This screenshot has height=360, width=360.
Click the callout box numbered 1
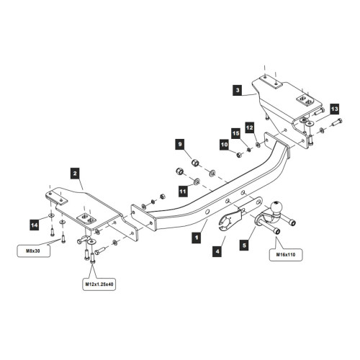197,238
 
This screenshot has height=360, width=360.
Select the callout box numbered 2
75,174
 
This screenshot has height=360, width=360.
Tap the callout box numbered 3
238,90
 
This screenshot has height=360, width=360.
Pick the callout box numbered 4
217,251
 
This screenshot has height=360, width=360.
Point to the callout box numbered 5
244,246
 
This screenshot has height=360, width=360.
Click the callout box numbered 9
180,144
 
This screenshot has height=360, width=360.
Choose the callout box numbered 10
225,145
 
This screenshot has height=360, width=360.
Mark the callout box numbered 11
183,192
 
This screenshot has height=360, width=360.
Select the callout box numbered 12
250,127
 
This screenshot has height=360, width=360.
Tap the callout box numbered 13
335,109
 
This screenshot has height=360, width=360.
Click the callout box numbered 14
35,225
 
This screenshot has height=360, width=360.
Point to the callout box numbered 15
236,133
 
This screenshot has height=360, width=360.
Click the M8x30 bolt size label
33,251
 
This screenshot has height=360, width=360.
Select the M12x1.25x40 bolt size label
99,284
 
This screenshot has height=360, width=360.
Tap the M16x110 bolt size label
286,255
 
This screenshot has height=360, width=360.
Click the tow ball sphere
276,207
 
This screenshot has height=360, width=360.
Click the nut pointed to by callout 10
239,155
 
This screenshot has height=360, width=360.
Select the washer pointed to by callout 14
51,215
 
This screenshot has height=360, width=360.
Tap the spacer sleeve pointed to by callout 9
195,163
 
